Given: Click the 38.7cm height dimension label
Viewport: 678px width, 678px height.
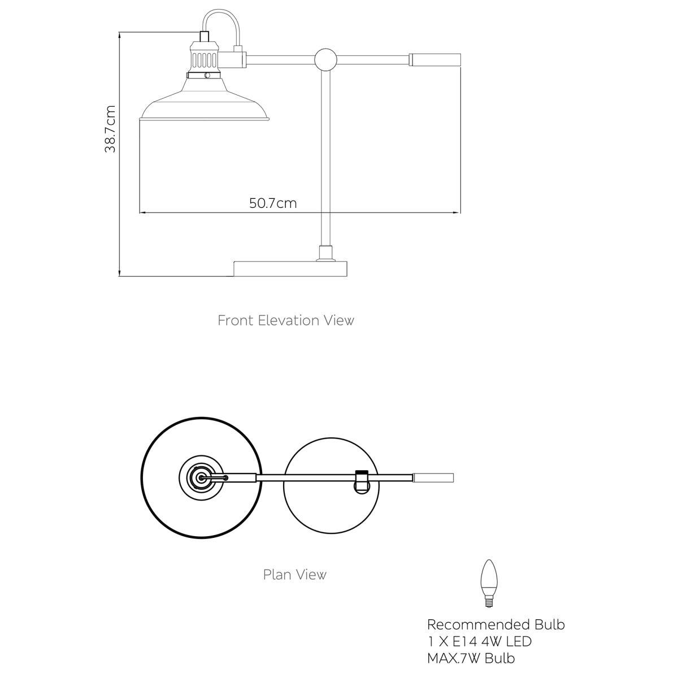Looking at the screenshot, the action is tap(110, 129).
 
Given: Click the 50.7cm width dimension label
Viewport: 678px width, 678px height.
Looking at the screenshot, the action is tap(273, 203).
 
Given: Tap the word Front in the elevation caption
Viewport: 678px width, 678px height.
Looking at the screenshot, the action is tap(236, 320).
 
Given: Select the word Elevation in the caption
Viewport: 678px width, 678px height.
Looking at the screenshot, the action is tap(289, 320).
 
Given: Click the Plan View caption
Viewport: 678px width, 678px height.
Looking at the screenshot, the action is tap(295, 575).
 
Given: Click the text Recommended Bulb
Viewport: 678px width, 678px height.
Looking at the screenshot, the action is tap(496, 624).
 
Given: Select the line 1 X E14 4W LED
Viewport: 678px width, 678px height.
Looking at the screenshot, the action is tap(479, 641).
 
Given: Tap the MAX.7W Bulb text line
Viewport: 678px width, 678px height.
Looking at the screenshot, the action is tap(471, 658).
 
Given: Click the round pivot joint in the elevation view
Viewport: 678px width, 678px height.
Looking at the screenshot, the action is tap(326, 59).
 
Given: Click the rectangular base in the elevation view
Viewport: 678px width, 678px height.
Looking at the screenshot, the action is tap(290, 269).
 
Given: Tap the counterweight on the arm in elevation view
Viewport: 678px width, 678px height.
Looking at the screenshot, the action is tap(435, 59).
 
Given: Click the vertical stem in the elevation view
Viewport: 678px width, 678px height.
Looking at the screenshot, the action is tap(326, 158).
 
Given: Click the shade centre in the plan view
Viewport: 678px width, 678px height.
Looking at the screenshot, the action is tap(201, 478).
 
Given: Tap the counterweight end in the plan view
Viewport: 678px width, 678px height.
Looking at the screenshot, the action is tap(433, 478).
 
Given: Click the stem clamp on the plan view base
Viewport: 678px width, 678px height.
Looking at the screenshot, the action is tap(362, 481).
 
